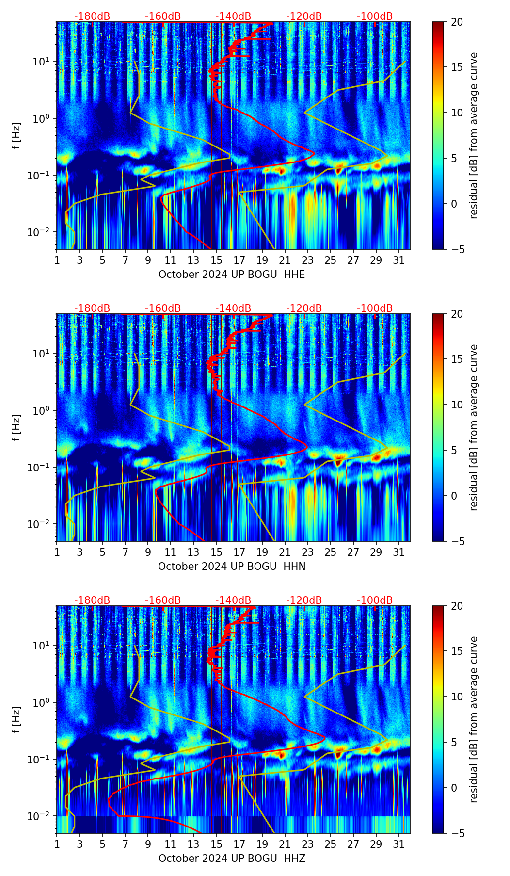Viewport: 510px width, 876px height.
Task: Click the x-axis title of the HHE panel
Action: (x=232, y=275)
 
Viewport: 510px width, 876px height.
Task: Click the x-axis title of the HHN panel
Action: (x=232, y=567)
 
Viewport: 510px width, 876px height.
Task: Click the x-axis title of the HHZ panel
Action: (x=232, y=859)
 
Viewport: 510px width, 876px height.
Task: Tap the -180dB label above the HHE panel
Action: (x=92, y=16)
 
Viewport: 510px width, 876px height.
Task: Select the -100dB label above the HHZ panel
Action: (x=375, y=600)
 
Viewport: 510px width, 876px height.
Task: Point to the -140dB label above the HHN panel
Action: (x=233, y=308)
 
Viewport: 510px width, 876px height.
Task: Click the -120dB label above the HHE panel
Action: (x=304, y=16)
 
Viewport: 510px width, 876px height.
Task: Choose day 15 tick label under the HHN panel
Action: (x=216, y=552)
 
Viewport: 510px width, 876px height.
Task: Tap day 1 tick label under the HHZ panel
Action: (x=57, y=844)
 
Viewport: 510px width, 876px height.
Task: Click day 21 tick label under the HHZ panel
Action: (x=285, y=844)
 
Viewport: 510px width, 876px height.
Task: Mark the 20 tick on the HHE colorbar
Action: (x=457, y=22)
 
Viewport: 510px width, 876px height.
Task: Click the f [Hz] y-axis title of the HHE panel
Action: (x=17, y=135)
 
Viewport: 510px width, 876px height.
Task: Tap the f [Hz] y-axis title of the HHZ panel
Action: (x=17, y=719)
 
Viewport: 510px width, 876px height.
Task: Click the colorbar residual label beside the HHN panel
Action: (x=474, y=427)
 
